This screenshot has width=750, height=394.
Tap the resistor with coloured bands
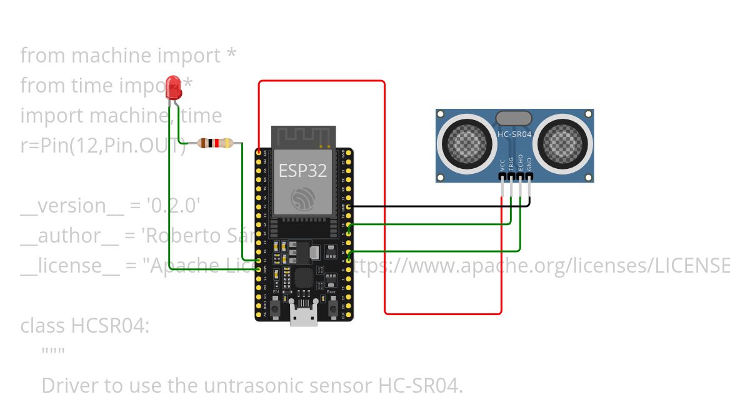[215, 143]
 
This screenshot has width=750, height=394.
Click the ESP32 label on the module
[303, 171]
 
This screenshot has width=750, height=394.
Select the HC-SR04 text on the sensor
[514, 134]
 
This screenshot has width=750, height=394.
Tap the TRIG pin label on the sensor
[511, 164]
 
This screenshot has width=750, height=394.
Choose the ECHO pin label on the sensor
[520, 164]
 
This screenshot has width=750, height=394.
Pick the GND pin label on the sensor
[529, 164]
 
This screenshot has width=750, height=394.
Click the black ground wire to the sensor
[437, 206]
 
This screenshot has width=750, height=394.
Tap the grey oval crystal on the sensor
[514, 118]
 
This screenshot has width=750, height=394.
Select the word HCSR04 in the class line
[110, 326]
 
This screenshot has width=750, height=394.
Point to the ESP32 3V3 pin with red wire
[259, 152]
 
